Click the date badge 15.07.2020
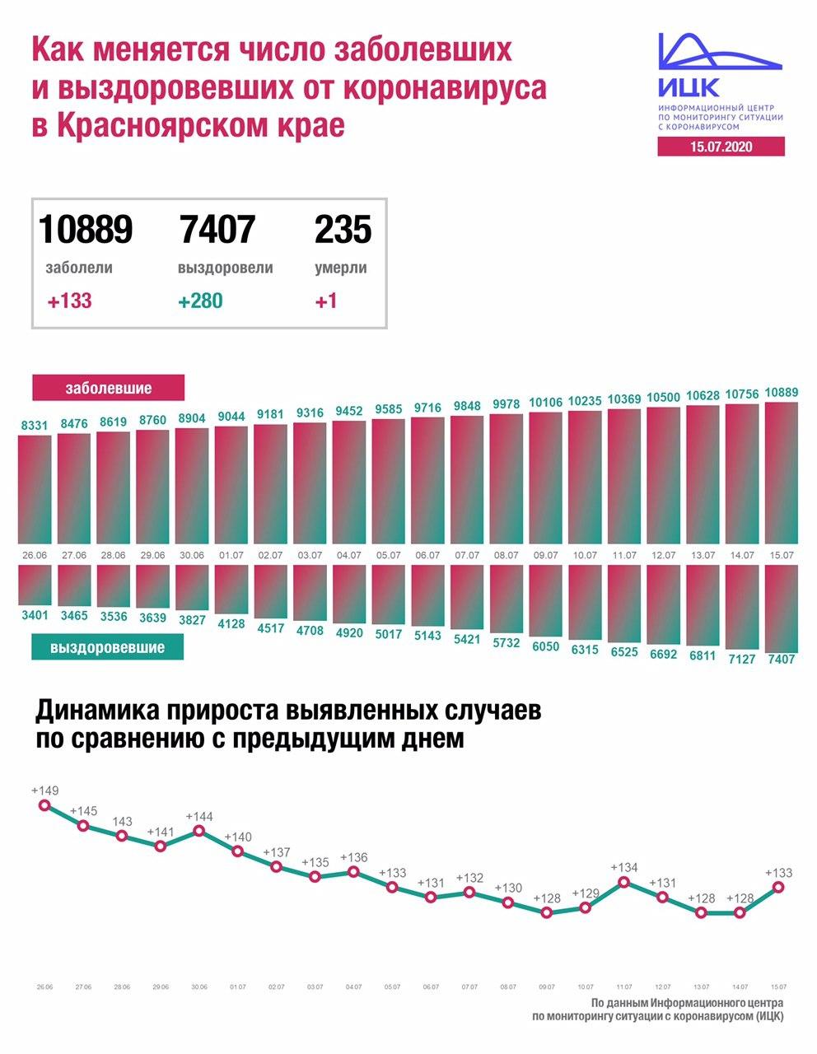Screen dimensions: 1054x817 [x=721, y=147]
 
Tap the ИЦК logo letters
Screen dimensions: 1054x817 [x=689, y=86]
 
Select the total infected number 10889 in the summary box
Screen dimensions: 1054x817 [x=86, y=230]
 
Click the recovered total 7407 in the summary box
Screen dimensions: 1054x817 [x=217, y=230]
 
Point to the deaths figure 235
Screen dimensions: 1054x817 [x=343, y=230]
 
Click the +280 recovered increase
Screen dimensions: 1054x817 [x=200, y=301]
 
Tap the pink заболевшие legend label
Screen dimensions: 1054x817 [x=109, y=388]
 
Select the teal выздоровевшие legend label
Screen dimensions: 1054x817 [x=107, y=647]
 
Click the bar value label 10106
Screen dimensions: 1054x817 [x=545, y=403]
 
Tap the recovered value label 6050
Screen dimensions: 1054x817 [x=545, y=648]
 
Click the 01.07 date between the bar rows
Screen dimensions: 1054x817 [x=231, y=556]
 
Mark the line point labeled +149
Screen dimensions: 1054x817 [x=44, y=805]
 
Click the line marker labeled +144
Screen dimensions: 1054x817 [x=199, y=832]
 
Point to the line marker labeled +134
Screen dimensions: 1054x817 [x=624, y=882]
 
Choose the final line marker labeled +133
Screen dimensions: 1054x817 [x=778, y=888]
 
